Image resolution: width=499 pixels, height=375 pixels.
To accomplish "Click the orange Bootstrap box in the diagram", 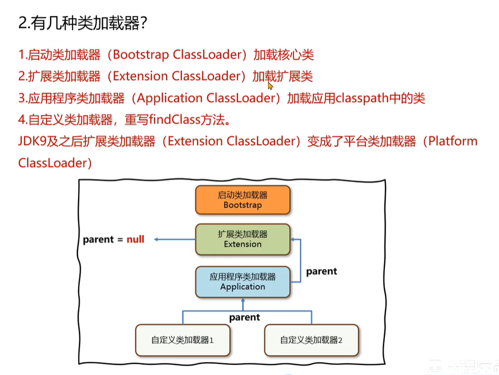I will (x=243, y=200).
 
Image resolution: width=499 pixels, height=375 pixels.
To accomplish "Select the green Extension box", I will (x=243, y=239).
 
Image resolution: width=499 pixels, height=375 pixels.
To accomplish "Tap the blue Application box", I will (x=243, y=281).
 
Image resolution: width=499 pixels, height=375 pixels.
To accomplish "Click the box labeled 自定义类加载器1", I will (x=182, y=340).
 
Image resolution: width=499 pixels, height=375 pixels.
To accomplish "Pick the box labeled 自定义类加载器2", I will (x=311, y=340).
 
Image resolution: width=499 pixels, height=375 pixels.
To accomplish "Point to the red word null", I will (x=135, y=239).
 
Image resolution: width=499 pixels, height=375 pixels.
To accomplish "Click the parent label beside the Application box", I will (x=321, y=271).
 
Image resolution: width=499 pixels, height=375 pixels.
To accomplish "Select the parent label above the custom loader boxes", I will (x=244, y=317).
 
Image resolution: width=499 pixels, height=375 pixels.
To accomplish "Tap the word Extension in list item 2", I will (x=139, y=76).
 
